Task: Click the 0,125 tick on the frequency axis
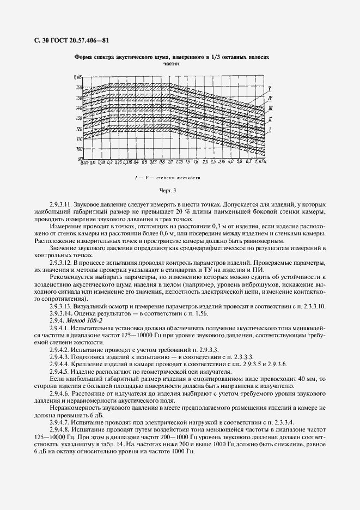84,162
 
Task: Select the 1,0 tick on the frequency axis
170,162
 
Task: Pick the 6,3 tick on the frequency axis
248,162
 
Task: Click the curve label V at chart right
270,88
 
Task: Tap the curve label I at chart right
270,129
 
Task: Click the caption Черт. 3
168,190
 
